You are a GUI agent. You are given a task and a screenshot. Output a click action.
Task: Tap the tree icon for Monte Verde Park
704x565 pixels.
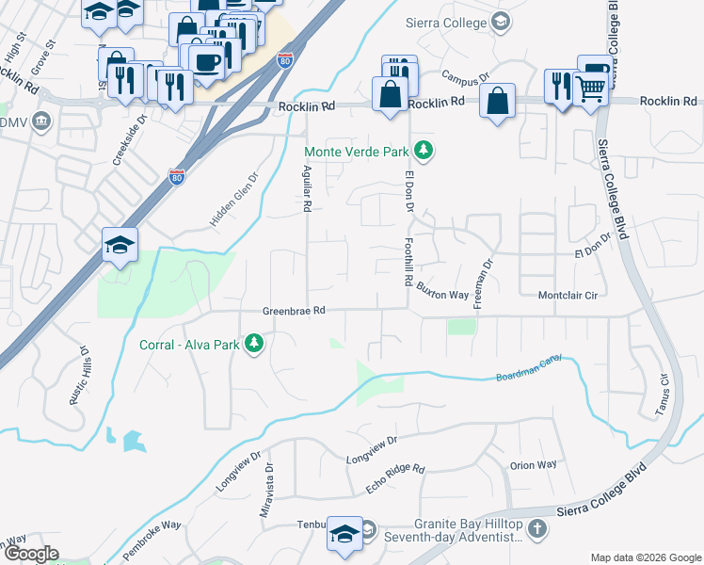424,149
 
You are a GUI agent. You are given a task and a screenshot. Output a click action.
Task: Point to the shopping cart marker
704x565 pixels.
591,89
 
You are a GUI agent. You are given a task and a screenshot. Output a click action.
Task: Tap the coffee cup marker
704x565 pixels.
206,61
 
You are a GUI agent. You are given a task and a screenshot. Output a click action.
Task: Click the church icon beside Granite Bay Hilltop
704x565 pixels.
537,528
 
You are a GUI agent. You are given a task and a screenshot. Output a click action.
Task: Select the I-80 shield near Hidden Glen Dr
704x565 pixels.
175,175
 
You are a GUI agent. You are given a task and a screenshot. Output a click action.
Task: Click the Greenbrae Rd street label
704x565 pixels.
294,310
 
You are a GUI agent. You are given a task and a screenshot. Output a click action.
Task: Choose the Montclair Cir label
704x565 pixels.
568,295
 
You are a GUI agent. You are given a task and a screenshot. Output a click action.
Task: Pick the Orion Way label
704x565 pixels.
534,465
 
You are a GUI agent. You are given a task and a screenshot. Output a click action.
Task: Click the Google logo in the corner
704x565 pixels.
31,554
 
